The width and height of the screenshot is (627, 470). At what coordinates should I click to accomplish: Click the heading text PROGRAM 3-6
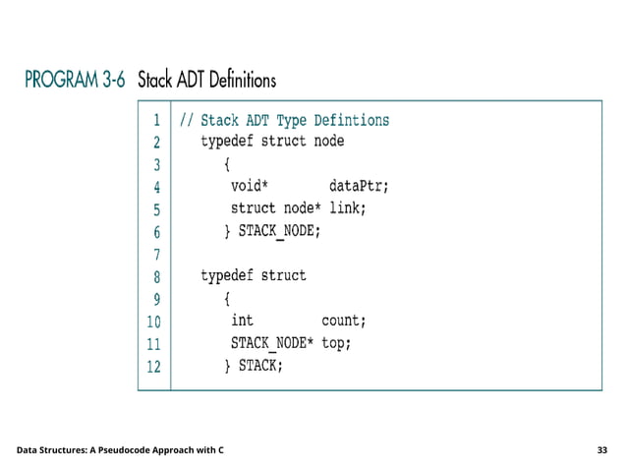pyautogui.click(x=75, y=80)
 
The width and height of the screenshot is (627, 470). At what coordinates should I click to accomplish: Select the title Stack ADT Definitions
pyautogui.click(x=206, y=80)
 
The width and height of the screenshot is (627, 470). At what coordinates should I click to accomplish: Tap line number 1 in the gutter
pyautogui.click(x=156, y=121)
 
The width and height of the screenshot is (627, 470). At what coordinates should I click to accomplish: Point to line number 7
pyautogui.click(x=156, y=255)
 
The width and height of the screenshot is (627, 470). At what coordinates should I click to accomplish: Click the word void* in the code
pyautogui.click(x=250, y=184)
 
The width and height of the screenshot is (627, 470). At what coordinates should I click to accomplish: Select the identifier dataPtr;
pyautogui.click(x=359, y=184)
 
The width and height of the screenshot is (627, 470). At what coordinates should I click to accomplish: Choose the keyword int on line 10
pyautogui.click(x=242, y=321)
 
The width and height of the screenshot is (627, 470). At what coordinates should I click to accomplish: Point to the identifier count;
pyautogui.click(x=344, y=321)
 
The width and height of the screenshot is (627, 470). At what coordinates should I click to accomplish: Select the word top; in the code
pyautogui.click(x=336, y=344)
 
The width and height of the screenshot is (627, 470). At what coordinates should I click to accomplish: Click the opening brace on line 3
pyautogui.click(x=227, y=162)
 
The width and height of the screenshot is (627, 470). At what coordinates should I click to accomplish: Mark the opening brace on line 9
pyautogui.click(x=227, y=298)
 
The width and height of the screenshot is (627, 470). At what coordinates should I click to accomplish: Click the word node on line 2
pyautogui.click(x=328, y=141)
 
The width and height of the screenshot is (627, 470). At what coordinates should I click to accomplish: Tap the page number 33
pyautogui.click(x=602, y=449)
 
